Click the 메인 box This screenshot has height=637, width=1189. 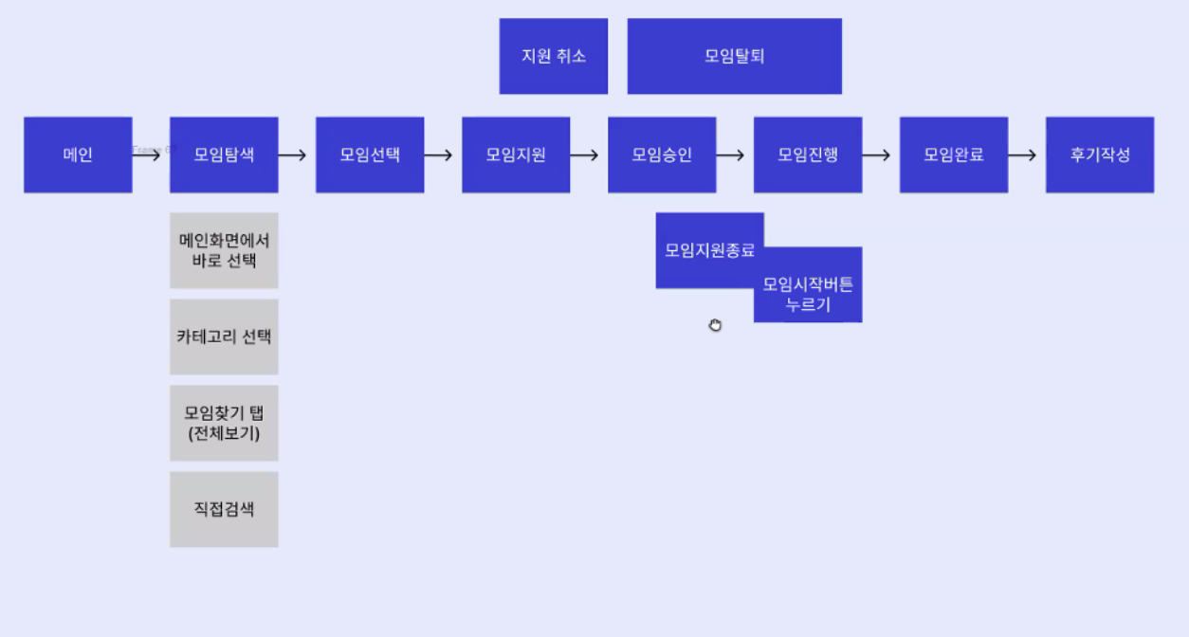pos(78,155)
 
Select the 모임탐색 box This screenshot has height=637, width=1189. pos(224,155)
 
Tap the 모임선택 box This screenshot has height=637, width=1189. pos(370,155)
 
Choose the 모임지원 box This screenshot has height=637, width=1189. pos(516,155)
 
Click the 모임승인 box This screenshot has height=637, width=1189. pos(662,155)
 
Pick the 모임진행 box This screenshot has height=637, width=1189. pos(808,155)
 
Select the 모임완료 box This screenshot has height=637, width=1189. pos(954,155)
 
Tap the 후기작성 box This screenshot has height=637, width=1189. pos(1100,155)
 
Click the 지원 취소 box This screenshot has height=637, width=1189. pos(554,56)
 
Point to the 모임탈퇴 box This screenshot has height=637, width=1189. pos(735,56)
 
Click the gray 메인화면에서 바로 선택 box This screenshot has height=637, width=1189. pos(224,250)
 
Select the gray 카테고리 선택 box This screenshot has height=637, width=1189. pos(224,337)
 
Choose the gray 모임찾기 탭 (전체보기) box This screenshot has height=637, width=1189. pos(224,423)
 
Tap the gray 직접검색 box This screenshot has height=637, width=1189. pos(224,509)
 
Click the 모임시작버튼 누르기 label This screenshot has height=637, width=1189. pos(808,294)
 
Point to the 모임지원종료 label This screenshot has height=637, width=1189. pos(709,250)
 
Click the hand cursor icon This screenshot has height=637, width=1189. pos(715,325)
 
